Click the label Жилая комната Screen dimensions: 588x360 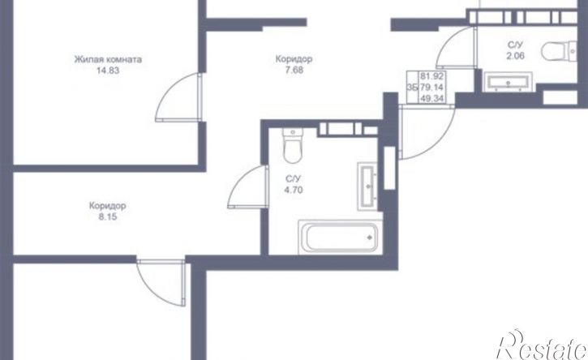(x=108, y=59)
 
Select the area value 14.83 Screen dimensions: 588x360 (x=108, y=70)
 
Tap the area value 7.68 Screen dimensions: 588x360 (x=294, y=70)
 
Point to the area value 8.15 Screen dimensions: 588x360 (x=108, y=216)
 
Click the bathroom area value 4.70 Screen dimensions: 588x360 (x=294, y=190)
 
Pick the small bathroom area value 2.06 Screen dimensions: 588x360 (x=515, y=56)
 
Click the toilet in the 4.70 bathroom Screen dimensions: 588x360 (x=293, y=145)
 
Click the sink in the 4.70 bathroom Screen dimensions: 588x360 (x=367, y=186)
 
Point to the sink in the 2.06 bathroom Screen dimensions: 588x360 (x=509, y=82)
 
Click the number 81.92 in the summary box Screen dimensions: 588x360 (x=432, y=76)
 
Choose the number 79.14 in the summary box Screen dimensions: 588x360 (x=432, y=88)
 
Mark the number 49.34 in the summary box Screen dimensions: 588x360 (x=432, y=99)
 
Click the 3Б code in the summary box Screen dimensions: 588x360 (x=412, y=88)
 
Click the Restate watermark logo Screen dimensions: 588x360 (x=542, y=345)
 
